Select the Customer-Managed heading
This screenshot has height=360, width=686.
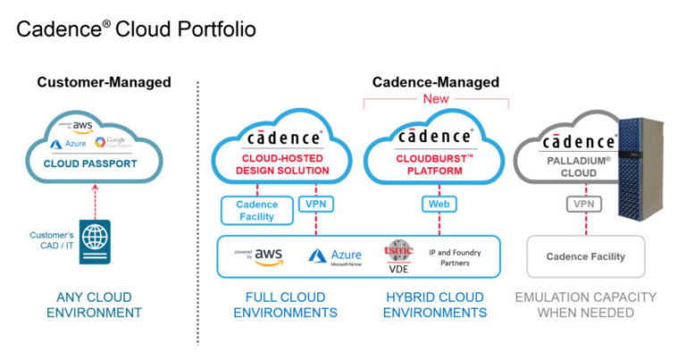tap(104, 83)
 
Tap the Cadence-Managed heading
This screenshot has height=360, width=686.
tap(435, 83)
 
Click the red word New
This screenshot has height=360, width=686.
tap(435, 100)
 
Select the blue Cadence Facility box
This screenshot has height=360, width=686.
tap(257, 210)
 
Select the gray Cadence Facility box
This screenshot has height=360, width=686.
tap(586, 256)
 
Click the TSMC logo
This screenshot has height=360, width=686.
tap(397, 252)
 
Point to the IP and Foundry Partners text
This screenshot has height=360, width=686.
tap(455, 257)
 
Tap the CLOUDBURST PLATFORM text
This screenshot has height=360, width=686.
tap(435, 165)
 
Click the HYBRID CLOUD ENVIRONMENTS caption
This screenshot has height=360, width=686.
tap(435, 305)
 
